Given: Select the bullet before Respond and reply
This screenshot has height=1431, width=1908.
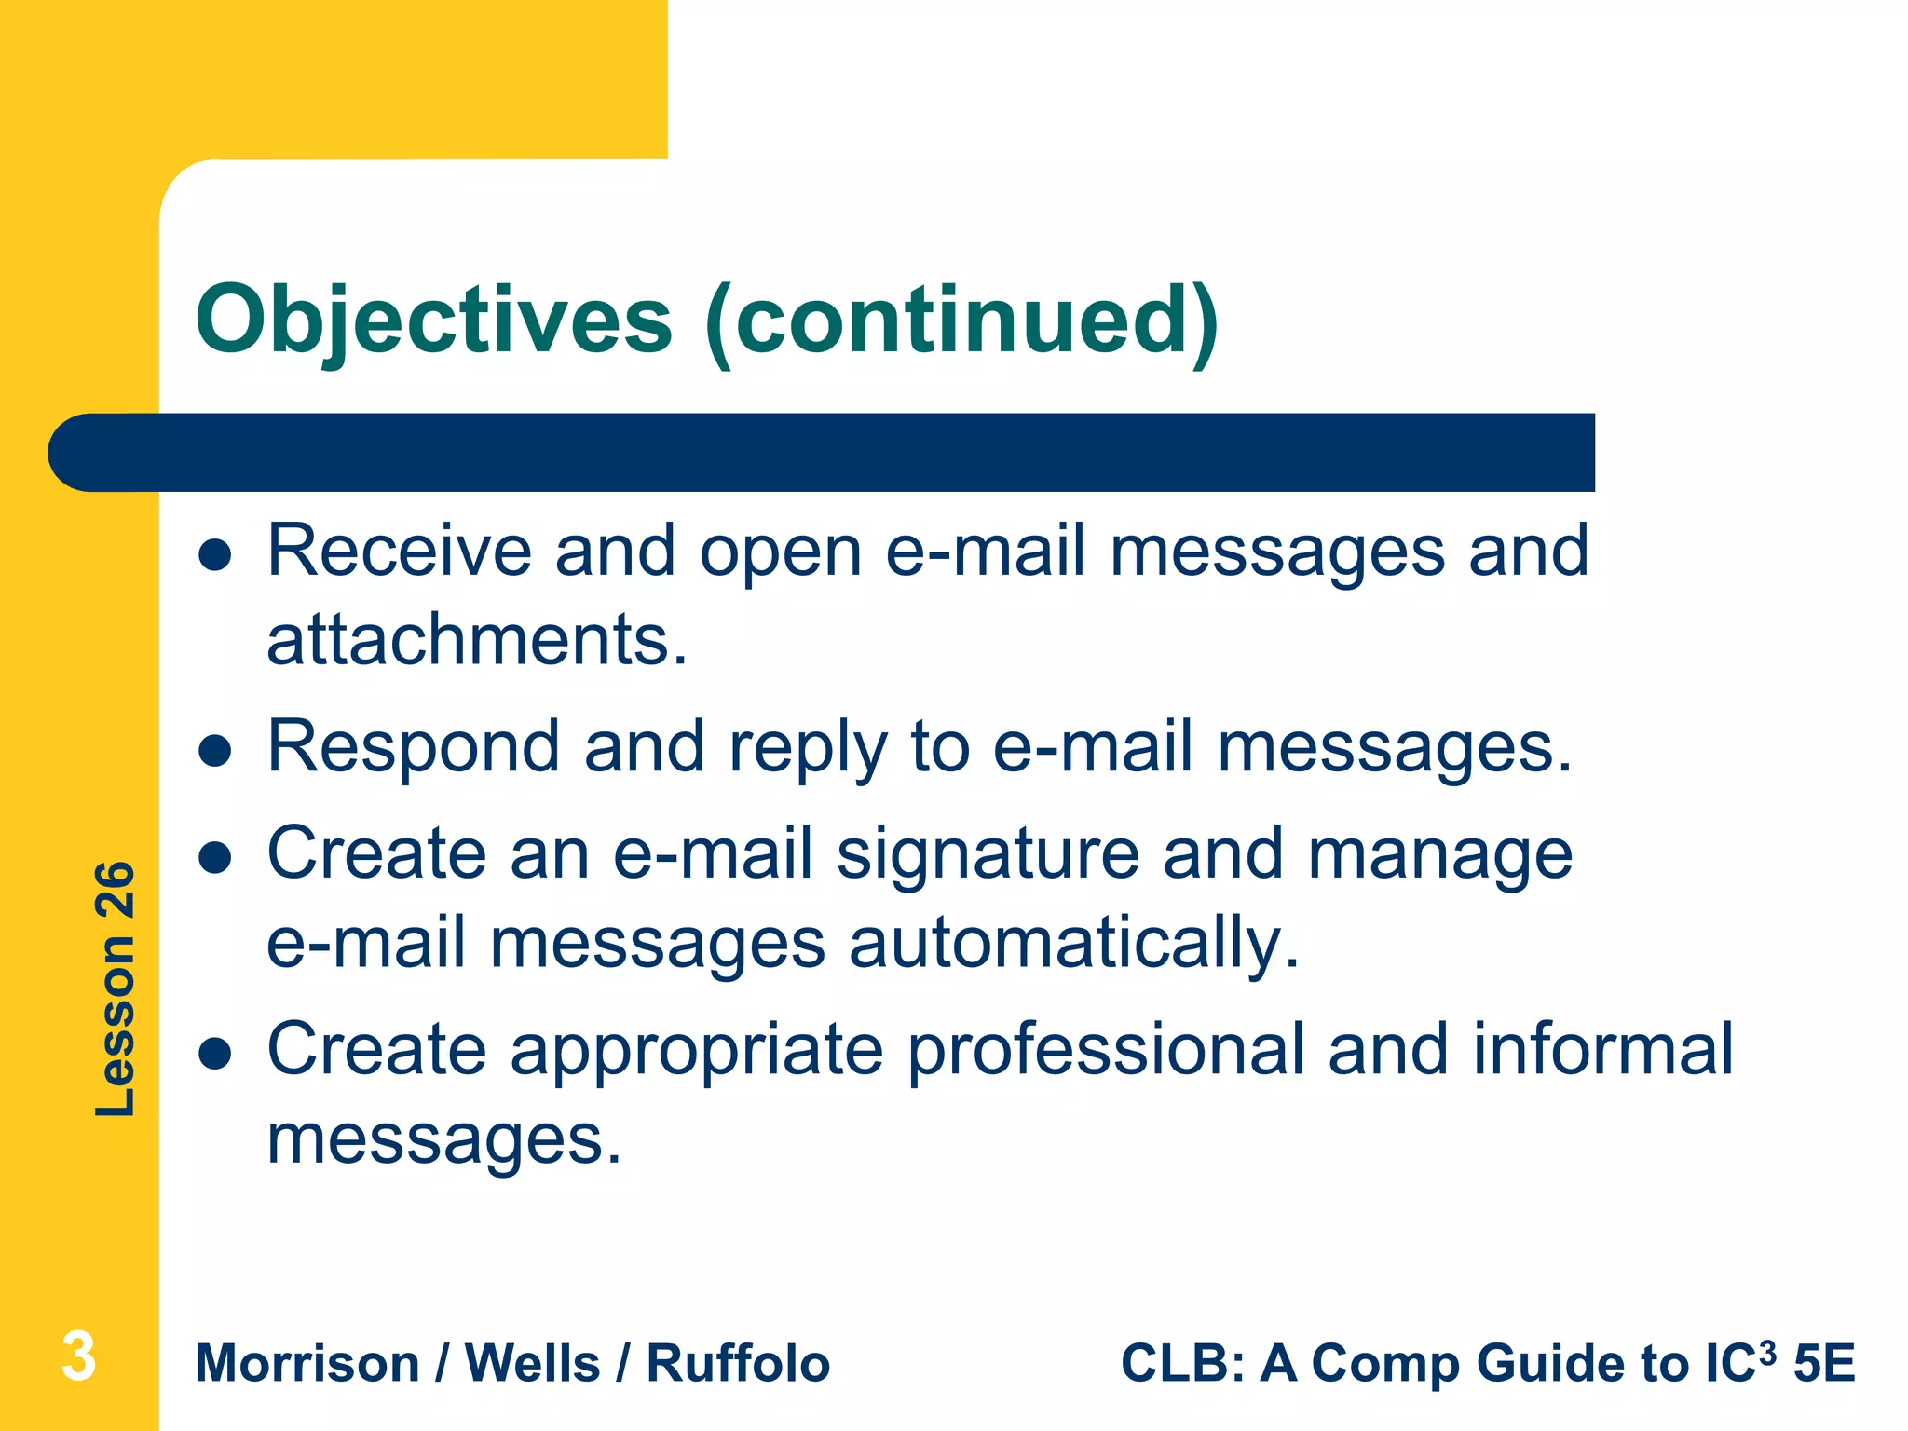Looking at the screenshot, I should [x=215, y=751].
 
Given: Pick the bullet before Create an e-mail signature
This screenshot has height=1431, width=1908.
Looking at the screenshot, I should [x=215, y=858].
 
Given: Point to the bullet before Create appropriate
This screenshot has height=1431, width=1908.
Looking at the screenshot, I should [x=215, y=1054].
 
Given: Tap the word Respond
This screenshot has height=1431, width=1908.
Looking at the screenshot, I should [x=413, y=748].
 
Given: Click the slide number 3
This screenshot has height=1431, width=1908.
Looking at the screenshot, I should [x=79, y=1356].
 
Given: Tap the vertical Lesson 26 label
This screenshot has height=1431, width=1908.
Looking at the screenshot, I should [x=116, y=988].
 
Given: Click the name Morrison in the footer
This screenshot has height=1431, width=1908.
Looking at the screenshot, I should [x=307, y=1364].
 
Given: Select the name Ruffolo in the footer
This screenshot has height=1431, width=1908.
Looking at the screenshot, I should [x=738, y=1364].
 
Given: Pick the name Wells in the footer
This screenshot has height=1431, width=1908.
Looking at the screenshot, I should [x=532, y=1364].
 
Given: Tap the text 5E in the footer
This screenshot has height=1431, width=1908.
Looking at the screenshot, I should [x=1824, y=1364].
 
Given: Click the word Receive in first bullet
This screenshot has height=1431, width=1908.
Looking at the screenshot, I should [x=399, y=552].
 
